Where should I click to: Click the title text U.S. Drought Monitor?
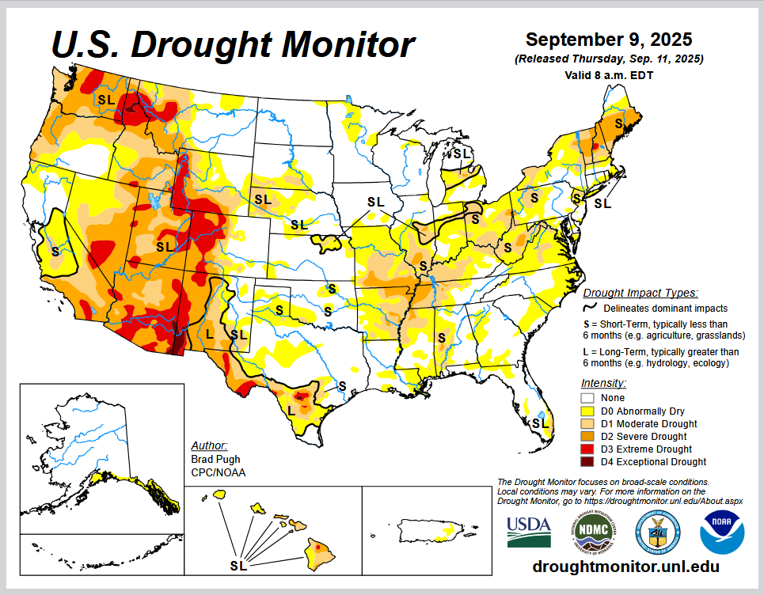tap(233, 44)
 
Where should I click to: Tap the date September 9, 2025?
tap(609, 40)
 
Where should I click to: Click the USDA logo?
tap(529, 531)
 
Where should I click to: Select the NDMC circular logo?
tap(592, 531)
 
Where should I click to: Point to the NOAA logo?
tap(721, 531)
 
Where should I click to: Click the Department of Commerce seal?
tap(656, 531)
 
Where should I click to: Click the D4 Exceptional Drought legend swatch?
tap(587, 462)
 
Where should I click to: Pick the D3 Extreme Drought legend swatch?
tap(587, 449)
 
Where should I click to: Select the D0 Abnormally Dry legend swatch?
tap(587, 411)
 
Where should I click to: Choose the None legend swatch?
tap(587, 398)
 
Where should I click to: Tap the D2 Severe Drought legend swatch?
tap(587, 437)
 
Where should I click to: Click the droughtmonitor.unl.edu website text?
tap(625, 567)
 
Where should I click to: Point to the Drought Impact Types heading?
tap(640, 293)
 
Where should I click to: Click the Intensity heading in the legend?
tap(603, 383)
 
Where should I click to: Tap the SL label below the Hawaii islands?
tap(238, 566)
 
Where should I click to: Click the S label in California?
tap(55, 251)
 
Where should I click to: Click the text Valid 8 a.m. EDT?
tap(609, 74)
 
